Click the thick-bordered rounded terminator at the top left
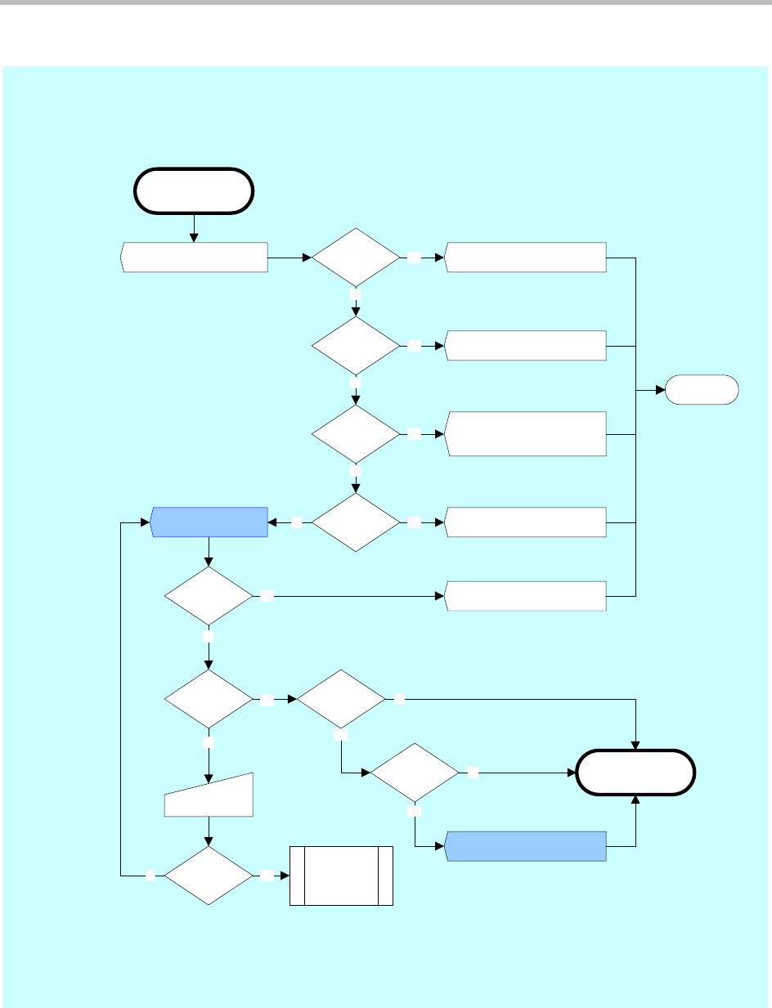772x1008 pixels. [194, 190]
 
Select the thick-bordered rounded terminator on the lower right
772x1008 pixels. [636, 772]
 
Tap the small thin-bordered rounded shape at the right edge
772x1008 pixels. [702, 390]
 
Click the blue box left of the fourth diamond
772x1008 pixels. [210, 522]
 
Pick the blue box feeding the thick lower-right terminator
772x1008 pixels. [526, 845]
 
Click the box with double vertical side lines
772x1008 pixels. [342, 876]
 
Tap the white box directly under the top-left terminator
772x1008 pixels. [195, 258]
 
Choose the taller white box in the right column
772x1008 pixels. [526, 433]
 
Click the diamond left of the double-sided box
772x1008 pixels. [209, 875]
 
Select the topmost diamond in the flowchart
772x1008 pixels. [356, 258]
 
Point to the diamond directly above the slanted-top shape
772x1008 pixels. [209, 700]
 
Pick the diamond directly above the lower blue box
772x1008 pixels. [415, 772]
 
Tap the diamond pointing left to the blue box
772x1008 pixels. [356, 522]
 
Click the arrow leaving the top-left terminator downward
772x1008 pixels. [194, 227]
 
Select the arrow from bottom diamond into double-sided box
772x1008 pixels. [276, 876]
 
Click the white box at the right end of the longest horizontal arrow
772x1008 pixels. [526, 596]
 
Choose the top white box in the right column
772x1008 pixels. [526, 258]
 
